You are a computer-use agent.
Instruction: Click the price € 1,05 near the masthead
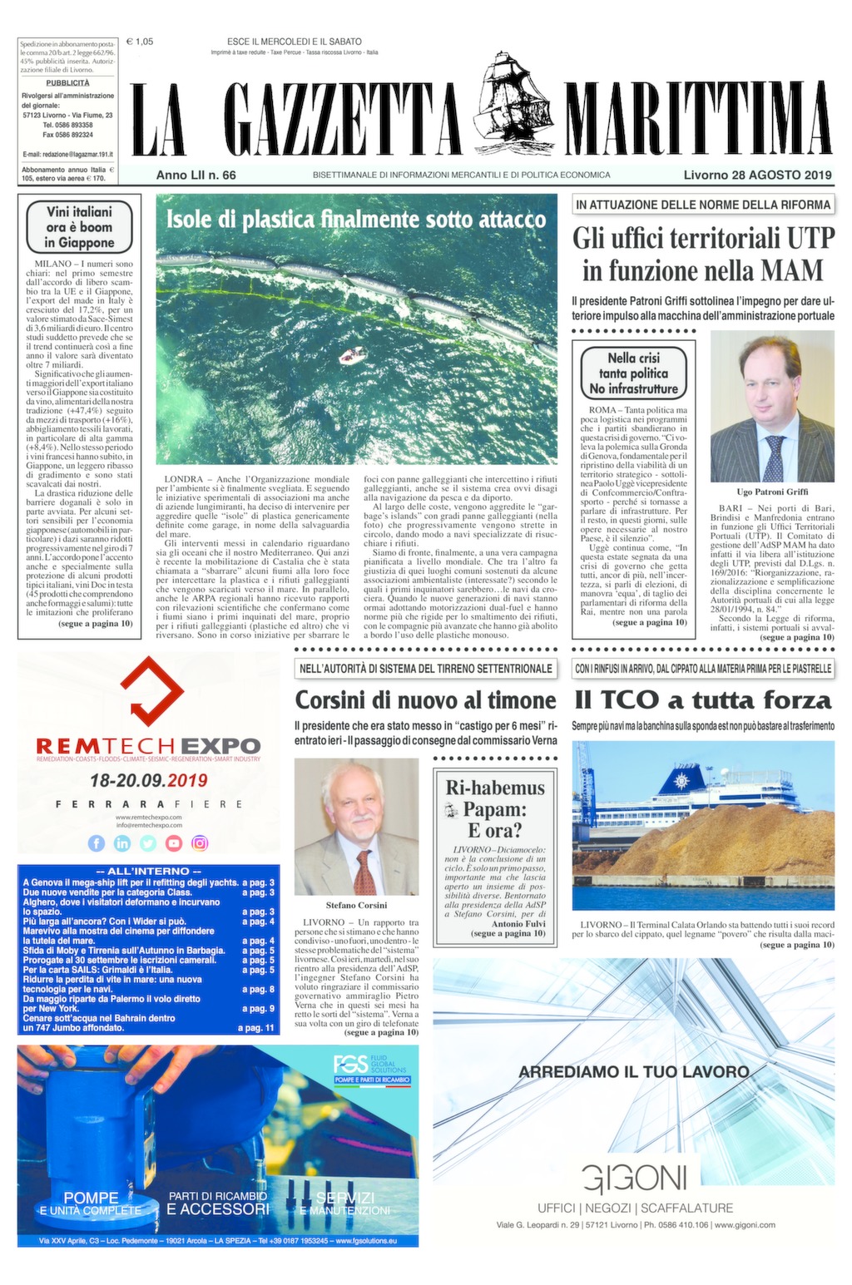(140, 41)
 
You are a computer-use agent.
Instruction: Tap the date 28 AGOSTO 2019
(758, 175)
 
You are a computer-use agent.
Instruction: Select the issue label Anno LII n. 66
(196, 175)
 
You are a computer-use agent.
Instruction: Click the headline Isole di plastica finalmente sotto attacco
(356, 220)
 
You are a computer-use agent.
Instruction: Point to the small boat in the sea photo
(353, 356)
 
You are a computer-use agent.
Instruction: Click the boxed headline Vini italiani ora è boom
(80, 227)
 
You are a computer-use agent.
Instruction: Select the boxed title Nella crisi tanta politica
(634, 373)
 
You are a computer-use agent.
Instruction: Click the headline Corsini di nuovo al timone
(425, 699)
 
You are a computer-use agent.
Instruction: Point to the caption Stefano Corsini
(356, 905)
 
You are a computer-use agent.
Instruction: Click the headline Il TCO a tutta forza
(703, 699)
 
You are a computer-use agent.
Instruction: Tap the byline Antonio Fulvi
(518, 923)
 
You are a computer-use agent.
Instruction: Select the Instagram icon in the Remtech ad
(200, 843)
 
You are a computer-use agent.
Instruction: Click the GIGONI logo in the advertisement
(635, 1179)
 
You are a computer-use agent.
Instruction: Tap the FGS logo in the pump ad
(345, 1064)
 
